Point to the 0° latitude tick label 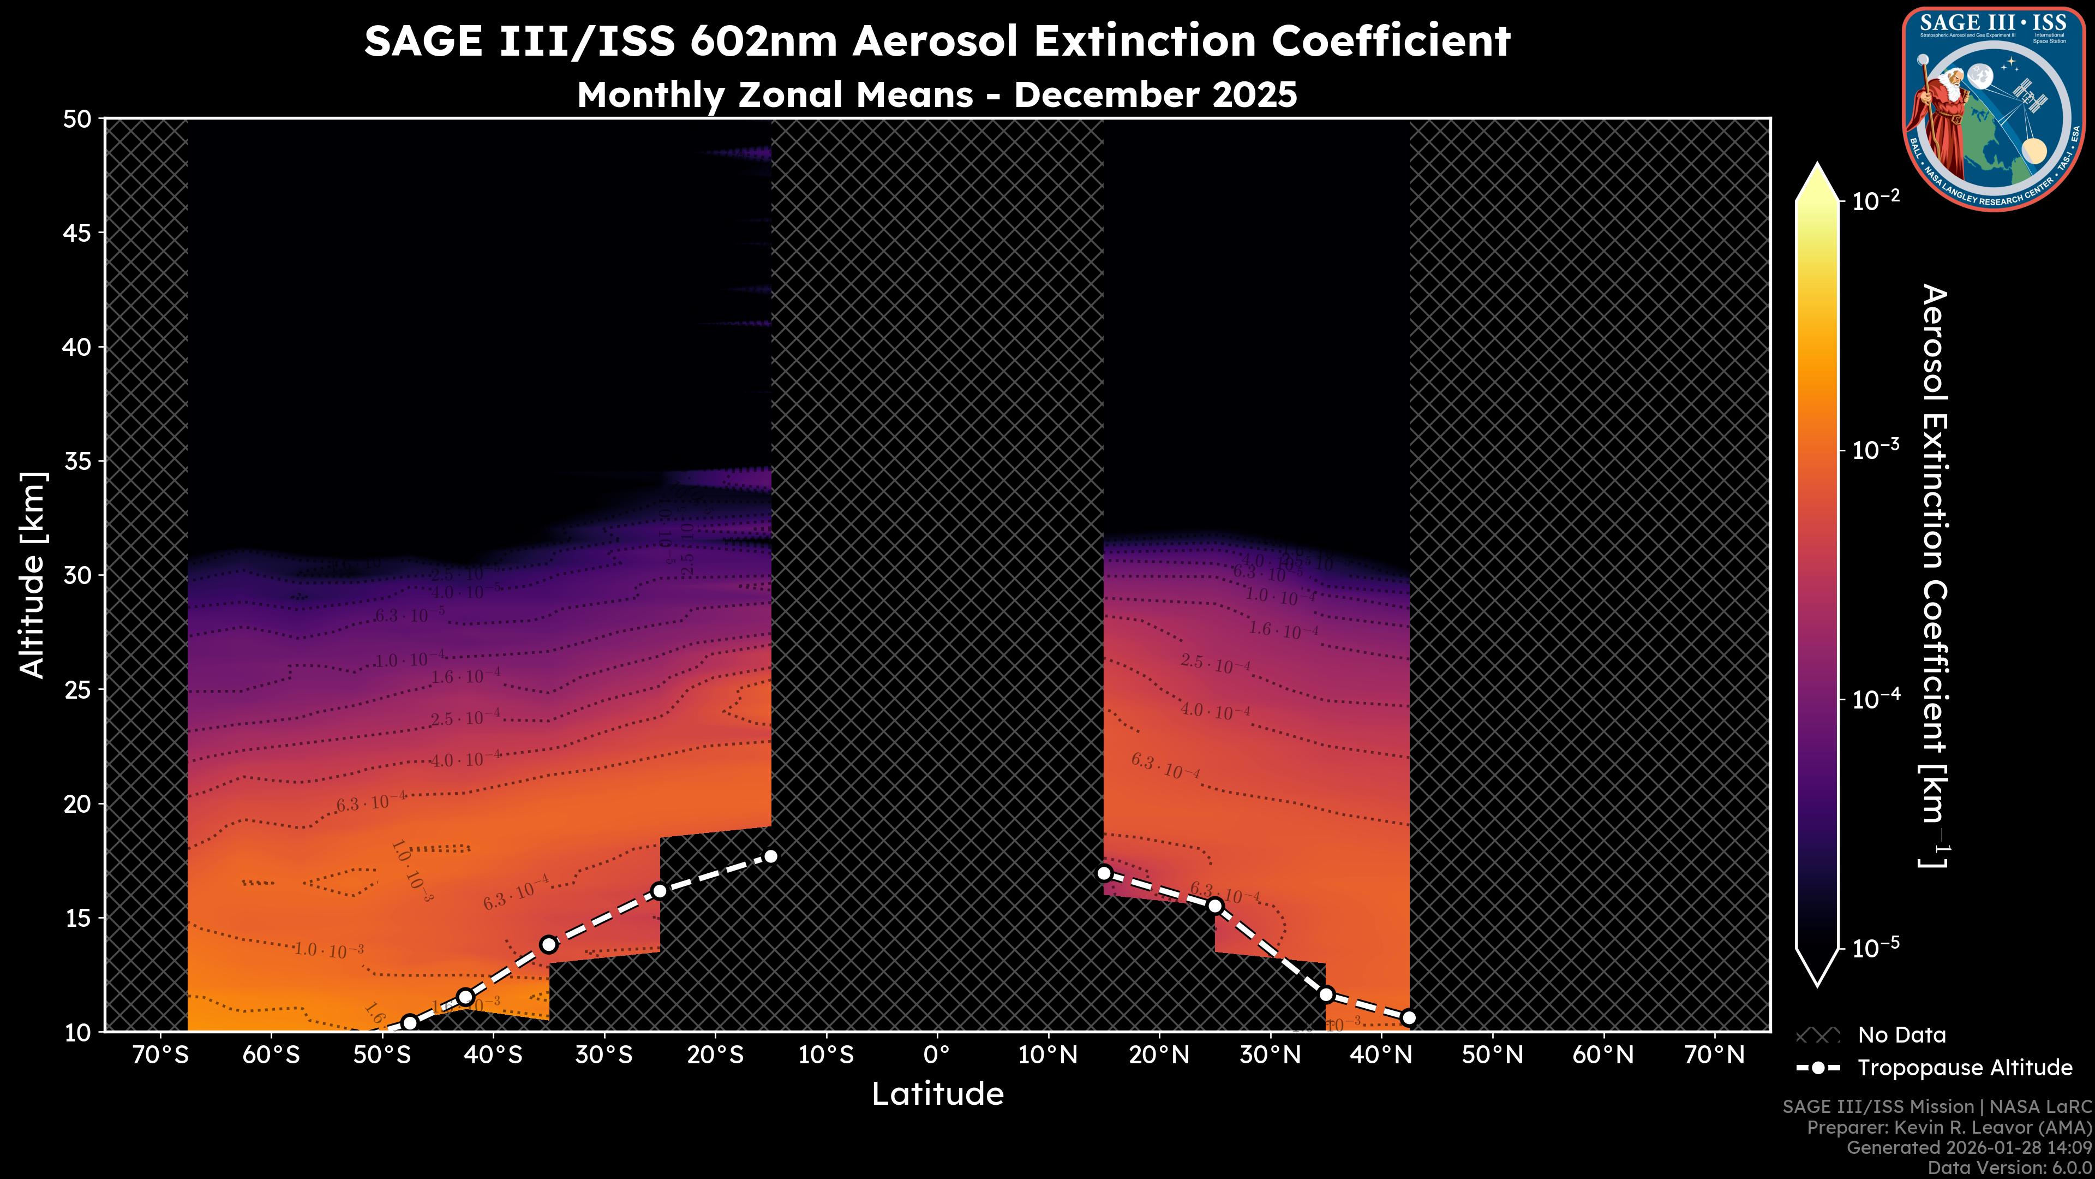click(x=937, y=1055)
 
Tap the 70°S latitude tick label click(x=160, y=1055)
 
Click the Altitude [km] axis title click(x=33, y=574)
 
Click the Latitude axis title click(x=937, y=1094)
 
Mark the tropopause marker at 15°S click(x=771, y=856)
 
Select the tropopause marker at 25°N click(x=1215, y=906)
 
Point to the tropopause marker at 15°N click(x=1104, y=873)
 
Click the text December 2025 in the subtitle click(x=1155, y=95)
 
